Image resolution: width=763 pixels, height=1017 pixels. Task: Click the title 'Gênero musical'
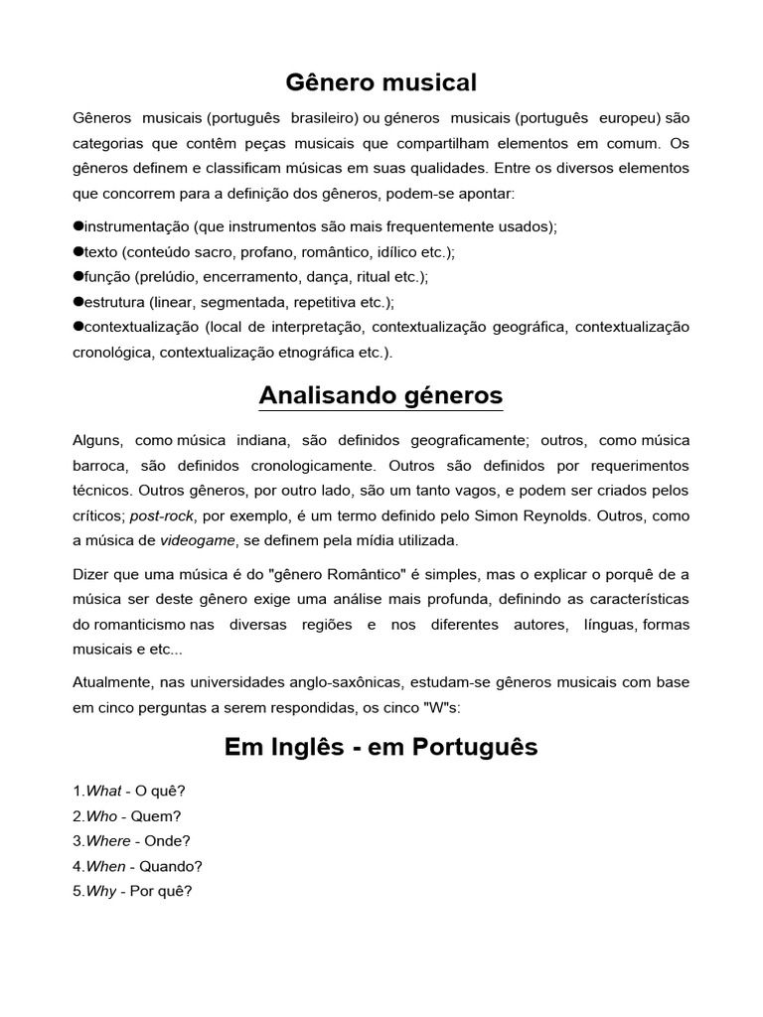point(381,80)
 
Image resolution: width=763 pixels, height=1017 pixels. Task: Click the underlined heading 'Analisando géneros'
point(381,395)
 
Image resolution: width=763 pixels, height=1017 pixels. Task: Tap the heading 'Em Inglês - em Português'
point(381,747)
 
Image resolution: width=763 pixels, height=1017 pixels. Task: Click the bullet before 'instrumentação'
point(78,225)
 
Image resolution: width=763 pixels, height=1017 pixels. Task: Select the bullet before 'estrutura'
point(78,301)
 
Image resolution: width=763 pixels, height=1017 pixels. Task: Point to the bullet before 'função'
point(78,276)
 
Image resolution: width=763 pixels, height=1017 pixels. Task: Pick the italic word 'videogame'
point(198,540)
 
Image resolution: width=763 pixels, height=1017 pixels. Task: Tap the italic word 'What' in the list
point(103,791)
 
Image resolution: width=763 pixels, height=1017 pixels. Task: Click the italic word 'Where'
point(107,840)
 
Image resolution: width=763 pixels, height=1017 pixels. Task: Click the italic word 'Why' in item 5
point(101,891)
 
